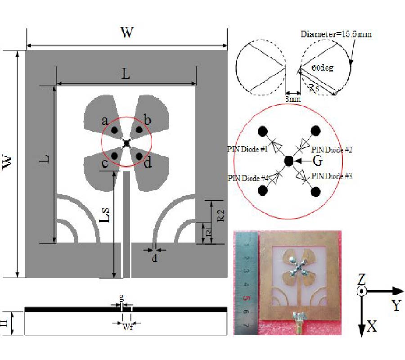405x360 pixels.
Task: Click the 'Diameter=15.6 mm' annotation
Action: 336,34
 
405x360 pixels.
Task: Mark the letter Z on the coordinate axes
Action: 361,279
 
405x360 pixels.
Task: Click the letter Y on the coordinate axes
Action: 396,306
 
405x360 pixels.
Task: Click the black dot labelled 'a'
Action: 115,130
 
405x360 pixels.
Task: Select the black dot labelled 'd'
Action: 139,155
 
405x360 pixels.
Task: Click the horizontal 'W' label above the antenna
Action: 127,32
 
